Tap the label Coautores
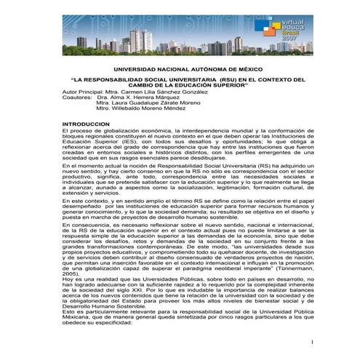pyautogui.click(x=78, y=98)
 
